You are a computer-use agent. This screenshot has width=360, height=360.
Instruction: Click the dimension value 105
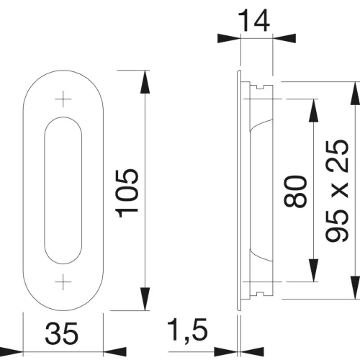click(127, 194)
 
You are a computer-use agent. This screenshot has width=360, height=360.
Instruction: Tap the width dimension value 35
click(62, 333)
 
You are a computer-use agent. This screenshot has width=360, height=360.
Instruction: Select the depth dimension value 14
click(254, 21)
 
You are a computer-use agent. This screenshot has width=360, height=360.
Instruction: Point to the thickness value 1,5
click(187, 330)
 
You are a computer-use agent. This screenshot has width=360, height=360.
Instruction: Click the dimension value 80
click(295, 191)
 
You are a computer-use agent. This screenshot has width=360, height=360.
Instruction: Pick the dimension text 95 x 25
click(337, 191)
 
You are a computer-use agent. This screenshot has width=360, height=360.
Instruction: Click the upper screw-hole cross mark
click(63, 99)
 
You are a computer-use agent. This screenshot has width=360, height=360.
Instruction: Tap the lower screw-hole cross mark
click(63, 282)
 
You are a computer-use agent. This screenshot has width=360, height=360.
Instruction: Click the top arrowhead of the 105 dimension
click(145, 81)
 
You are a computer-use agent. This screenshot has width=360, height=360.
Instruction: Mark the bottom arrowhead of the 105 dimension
click(145, 299)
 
